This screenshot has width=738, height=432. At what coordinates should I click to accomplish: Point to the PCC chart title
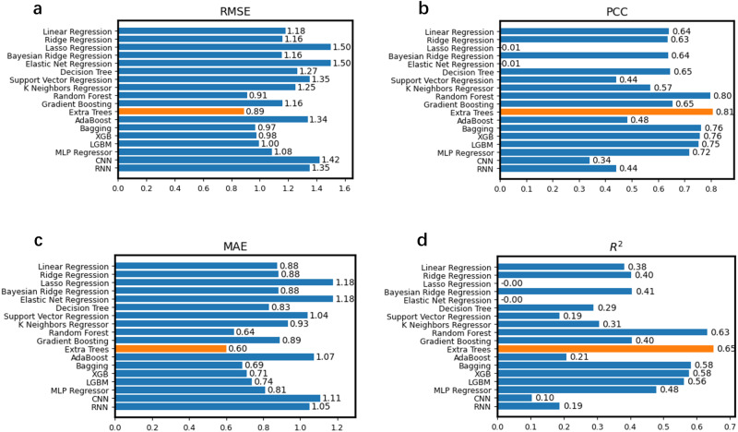[613, 13]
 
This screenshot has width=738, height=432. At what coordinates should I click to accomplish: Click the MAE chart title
[230, 246]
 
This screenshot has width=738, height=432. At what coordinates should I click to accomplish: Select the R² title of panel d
[613, 246]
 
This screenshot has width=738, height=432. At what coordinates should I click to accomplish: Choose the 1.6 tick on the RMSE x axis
[345, 189]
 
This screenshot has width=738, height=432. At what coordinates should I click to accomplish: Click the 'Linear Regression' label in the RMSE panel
[77, 31]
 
